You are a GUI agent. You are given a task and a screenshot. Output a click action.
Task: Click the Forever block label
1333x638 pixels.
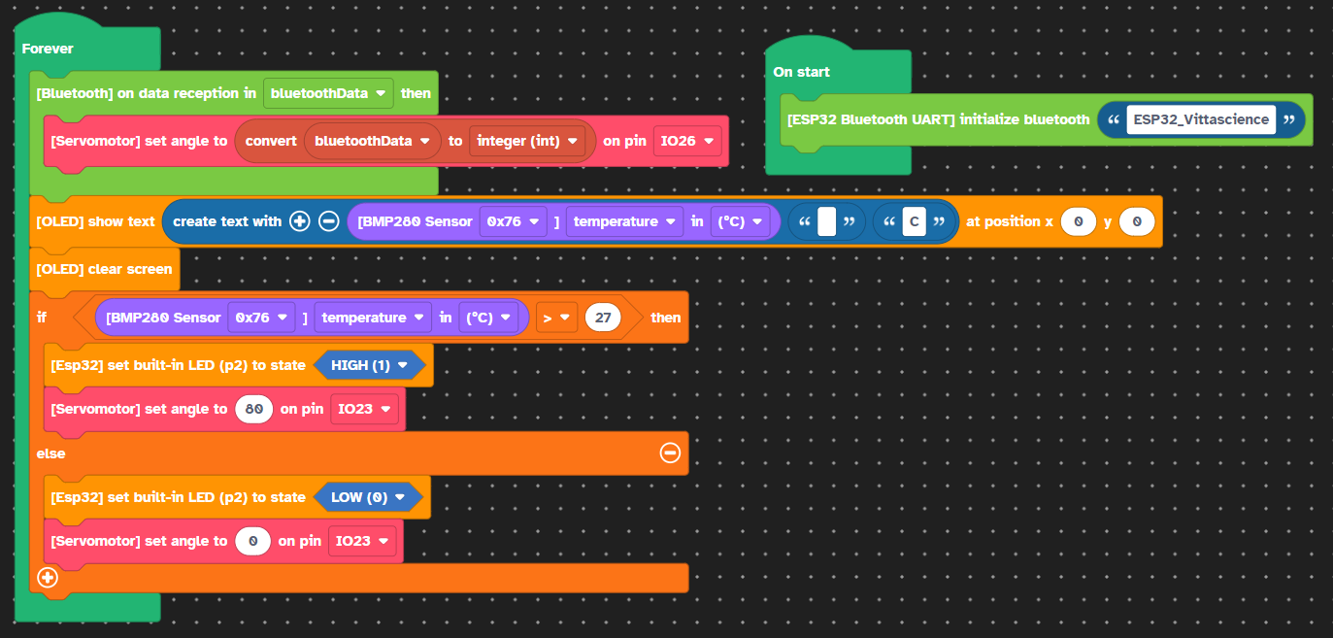point(48,49)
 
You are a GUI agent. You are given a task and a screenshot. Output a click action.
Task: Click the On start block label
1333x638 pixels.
point(801,72)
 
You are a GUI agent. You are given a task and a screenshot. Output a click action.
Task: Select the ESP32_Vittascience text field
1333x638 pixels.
point(1201,119)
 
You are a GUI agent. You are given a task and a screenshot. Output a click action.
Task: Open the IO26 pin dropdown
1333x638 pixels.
point(686,141)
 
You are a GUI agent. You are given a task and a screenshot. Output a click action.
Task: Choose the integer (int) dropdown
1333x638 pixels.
point(526,141)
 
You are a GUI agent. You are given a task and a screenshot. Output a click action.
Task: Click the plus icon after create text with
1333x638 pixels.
point(299,221)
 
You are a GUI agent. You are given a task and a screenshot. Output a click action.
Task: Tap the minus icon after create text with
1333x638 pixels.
point(329,221)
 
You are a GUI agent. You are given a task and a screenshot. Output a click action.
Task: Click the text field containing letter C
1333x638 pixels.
point(914,222)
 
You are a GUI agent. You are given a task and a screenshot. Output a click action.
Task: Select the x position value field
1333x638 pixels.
point(1079,222)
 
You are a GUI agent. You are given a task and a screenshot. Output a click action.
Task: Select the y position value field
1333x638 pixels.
point(1137,222)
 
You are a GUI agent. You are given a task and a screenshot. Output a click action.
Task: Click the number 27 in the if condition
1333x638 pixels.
point(603,318)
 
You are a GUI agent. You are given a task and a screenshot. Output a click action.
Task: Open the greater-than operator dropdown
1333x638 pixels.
point(556,318)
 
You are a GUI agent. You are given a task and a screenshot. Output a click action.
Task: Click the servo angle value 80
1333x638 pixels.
point(254,410)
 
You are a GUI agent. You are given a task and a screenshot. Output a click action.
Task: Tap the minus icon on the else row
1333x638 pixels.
point(670,453)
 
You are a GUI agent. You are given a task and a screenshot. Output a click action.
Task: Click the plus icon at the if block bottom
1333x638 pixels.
point(48,577)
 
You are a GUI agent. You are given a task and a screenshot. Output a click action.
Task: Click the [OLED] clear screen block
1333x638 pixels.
point(104,270)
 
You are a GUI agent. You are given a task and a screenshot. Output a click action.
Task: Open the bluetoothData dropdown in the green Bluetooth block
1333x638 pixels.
point(328,93)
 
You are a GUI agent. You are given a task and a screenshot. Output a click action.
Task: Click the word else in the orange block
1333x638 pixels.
point(50,454)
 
